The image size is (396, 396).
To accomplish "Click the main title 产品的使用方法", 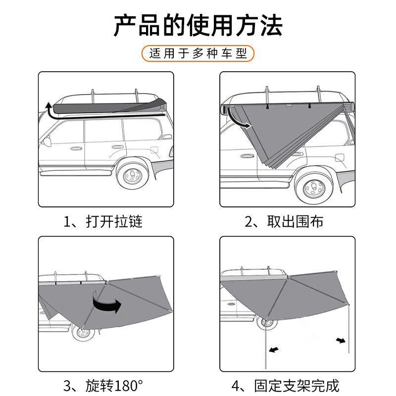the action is tap(198, 26).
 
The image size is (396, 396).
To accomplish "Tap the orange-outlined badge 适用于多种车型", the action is tap(198, 53).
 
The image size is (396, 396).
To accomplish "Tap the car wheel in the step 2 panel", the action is tap(313, 188).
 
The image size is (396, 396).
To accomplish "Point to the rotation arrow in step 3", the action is tap(106, 303).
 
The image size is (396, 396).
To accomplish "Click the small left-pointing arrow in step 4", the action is tap(273, 349).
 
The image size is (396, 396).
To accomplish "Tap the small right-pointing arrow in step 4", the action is tap(341, 340).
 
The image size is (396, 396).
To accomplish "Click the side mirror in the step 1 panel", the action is tap(46, 142).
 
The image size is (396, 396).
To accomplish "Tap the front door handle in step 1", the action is tap(76, 148).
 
